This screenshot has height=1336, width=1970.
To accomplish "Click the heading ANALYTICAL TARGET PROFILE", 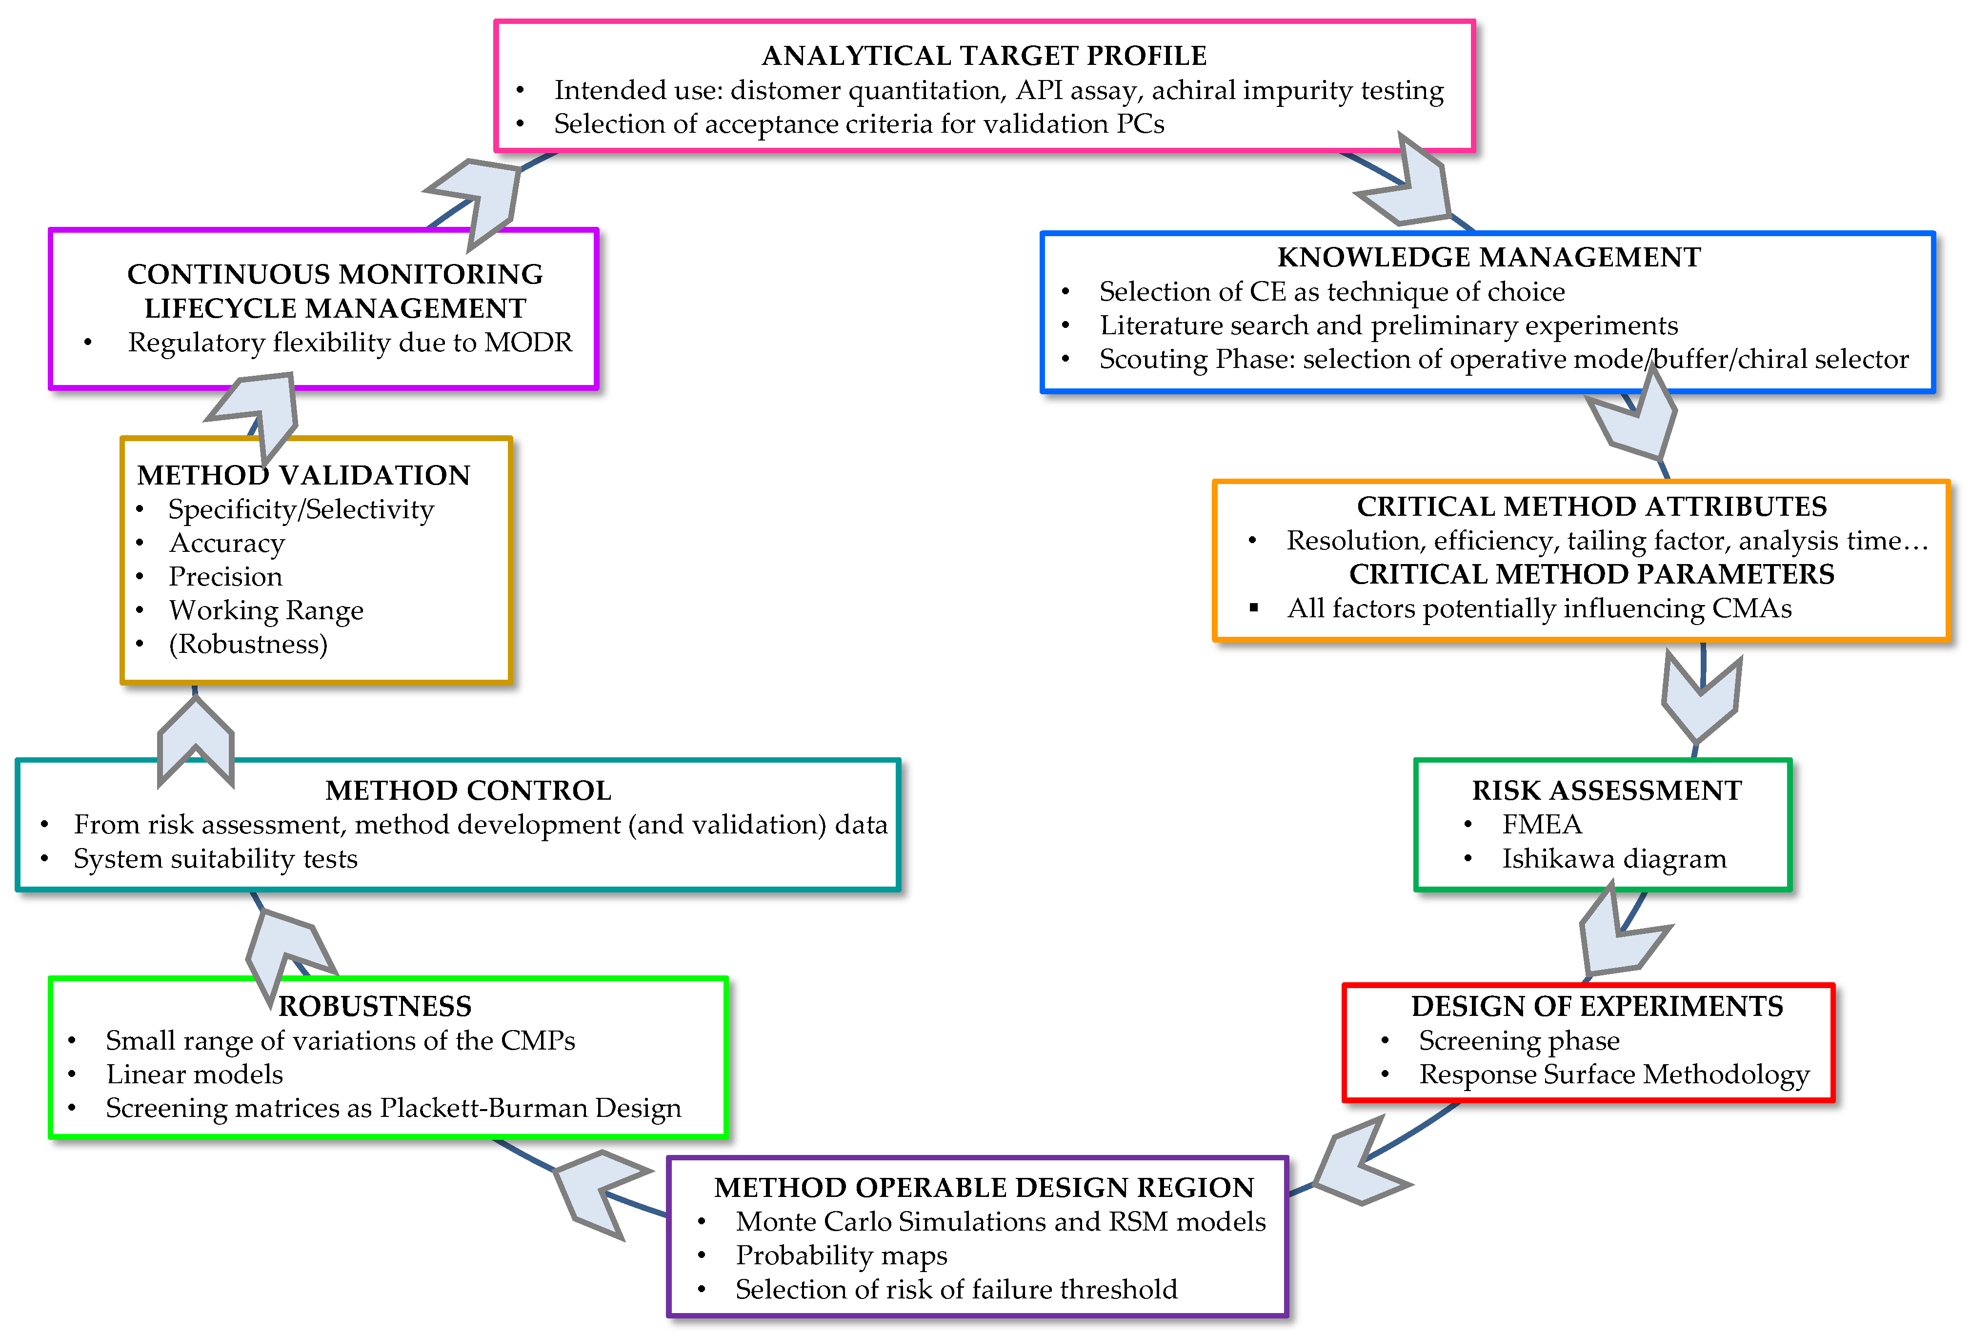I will click(984, 56).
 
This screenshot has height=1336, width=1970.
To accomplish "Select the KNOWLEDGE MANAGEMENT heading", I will click(1488, 257).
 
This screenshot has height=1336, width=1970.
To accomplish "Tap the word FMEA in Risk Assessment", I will click(1541, 824).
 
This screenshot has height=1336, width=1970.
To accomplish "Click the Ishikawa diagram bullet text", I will click(1613, 859).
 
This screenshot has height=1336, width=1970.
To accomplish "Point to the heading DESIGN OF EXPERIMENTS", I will click(1597, 1006).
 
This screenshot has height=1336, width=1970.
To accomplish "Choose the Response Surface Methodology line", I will click(1614, 1074).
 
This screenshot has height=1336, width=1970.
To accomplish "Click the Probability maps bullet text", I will click(841, 1255).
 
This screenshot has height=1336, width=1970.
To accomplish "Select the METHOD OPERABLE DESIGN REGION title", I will click(984, 1188).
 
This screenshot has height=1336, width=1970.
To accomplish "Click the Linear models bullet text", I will click(194, 1074).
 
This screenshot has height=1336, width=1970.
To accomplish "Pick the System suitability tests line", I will click(215, 859).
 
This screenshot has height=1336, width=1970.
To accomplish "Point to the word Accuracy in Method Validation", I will click(227, 543).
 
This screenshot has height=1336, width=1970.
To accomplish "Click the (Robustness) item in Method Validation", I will click(247, 644).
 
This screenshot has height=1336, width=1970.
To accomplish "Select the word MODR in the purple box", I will click(528, 343).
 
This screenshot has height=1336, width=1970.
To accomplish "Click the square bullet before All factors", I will click(1254, 608).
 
